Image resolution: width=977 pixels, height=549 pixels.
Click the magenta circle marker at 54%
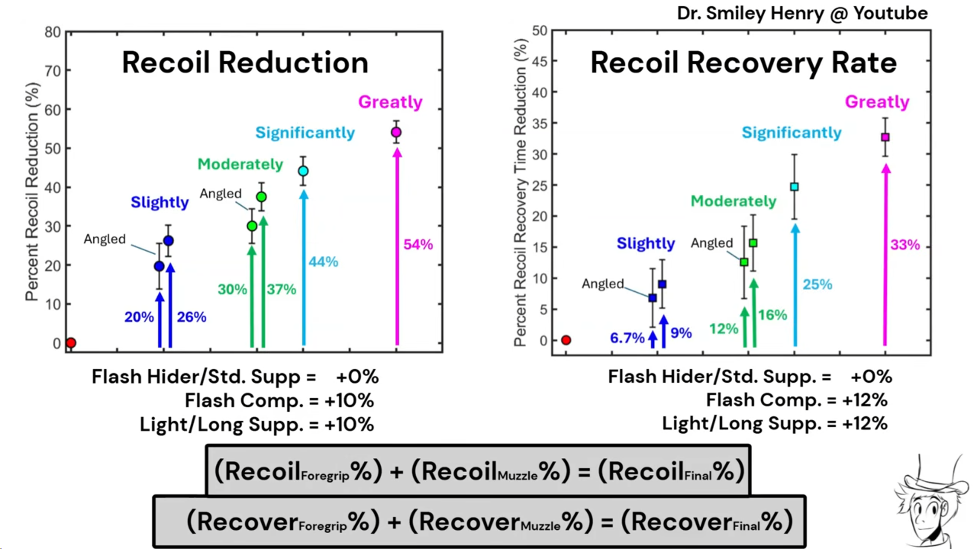pyautogui.click(x=396, y=133)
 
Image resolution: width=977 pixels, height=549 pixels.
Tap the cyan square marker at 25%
pyautogui.click(x=794, y=187)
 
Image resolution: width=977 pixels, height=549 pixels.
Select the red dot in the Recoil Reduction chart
pyautogui.click(x=71, y=343)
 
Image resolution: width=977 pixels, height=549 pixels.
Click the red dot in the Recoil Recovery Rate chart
pyautogui.click(x=566, y=340)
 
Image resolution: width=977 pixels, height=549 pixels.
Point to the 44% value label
pyautogui.click(x=323, y=262)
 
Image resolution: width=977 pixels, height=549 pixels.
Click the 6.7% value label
pyautogui.click(x=627, y=338)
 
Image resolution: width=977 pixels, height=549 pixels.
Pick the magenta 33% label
pyautogui.click(x=905, y=245)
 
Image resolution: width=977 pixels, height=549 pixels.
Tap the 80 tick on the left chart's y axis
pyautogui.click(x=52, y=33)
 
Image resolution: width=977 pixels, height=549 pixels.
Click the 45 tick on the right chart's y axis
pyautogui.click(x=539, y=62)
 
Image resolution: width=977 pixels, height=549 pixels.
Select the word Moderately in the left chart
pyautogui.click(x=240, y=164)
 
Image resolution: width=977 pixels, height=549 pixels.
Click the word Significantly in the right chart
pyautogui.click(x=791, y=133)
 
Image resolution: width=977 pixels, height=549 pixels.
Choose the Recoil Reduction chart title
pyautogui.click(x=245, y=63)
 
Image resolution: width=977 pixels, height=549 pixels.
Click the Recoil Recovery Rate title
pyautogui.click(x=743, y=63)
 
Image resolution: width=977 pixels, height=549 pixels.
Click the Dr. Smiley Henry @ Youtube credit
pyautogui.click(x=802, y=13)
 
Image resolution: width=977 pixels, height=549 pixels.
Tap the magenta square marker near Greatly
pyautogui.click(x=885, y=137)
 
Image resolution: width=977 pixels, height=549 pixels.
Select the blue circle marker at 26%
pyautogui.click(x=168, y=241)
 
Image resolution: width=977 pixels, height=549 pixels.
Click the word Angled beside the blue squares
pyautogui.click(x=602, y=284)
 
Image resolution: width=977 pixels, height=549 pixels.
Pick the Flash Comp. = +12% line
pyautogui.click(x=796, y=400)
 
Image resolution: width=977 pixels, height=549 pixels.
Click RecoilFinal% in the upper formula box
pyautogui.click(x=671, y=471)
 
